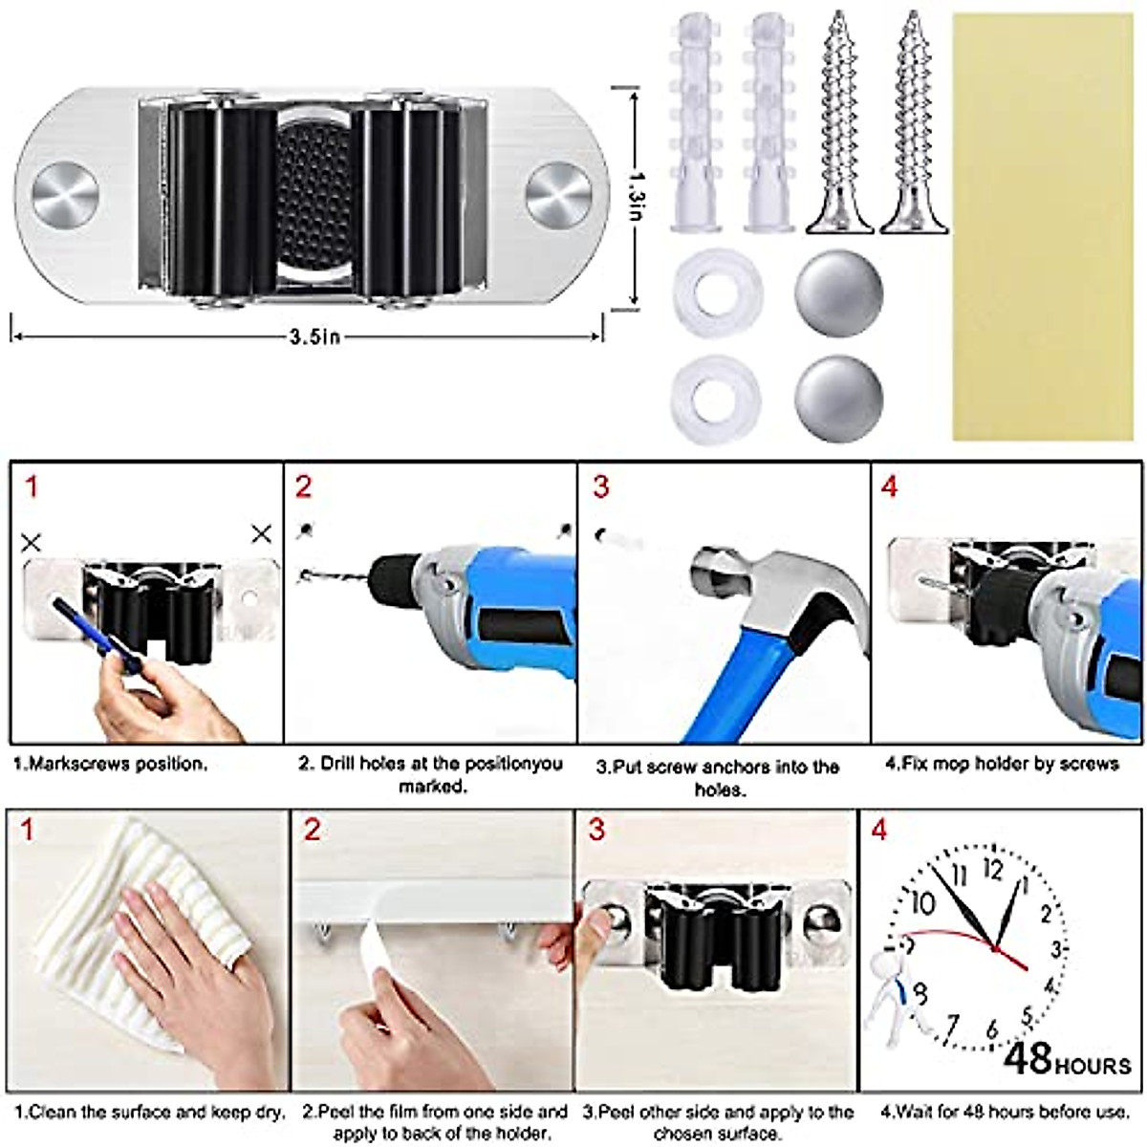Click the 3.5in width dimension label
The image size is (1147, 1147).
[x=314, y=335]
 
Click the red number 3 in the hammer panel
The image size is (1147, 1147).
[x=600, y=487]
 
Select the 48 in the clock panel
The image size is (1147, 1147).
[x=1028, y=1058]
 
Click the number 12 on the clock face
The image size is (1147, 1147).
[x=992, y=869]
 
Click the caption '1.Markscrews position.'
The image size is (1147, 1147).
[x=110, y=765]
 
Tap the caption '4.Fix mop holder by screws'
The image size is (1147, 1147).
[x=1001, y=764]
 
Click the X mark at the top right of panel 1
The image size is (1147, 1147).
[x=261, y=534]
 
